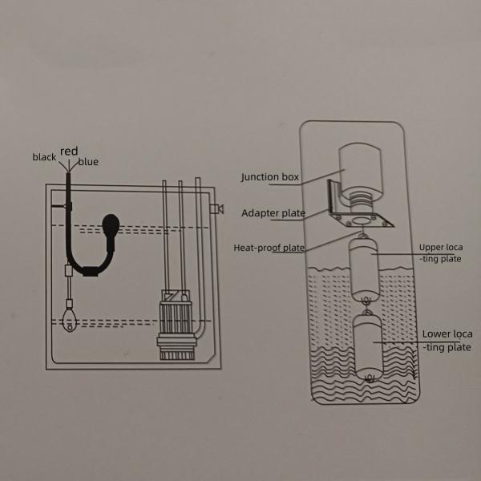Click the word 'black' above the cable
pyautogui.click(x=44, y=157)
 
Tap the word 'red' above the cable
pyautogui.click(x=68, y=151)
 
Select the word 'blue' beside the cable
pyautogui.click(x=88, y=162)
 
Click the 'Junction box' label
pyautogui.click(x=271, y=177)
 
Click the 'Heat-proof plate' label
pyautogui.click(x=269, y=248)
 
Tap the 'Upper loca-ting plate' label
pyautogui.click(x=440, y=253)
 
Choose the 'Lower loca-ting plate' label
pyautogui.click(x=446, y=340)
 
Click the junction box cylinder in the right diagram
pyautogui.click(x=361, y=170)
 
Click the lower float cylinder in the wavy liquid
pyautogui.click(x=368, y=346)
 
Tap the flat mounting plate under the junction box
pyautogui.click(x=365, y=220)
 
